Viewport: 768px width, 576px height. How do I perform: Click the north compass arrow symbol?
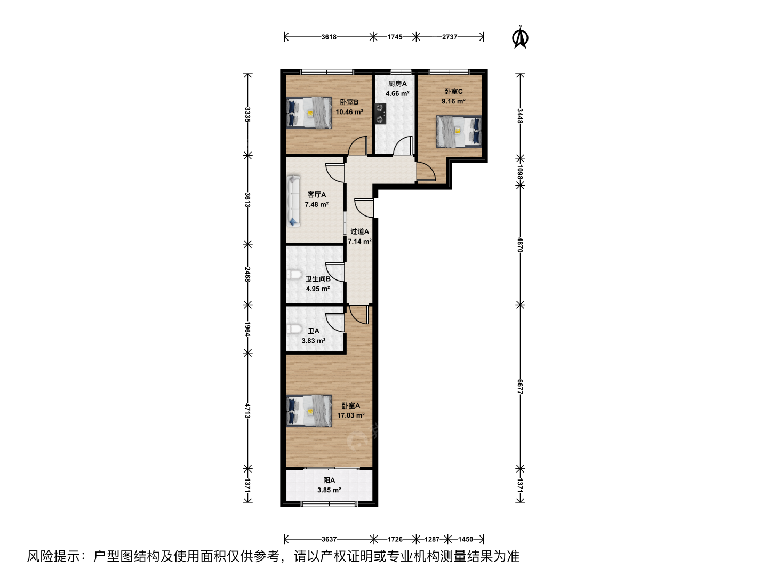pyautogui.click(x=521, y=37)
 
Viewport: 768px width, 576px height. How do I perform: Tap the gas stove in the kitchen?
pyautogui.click(x=380, y=114)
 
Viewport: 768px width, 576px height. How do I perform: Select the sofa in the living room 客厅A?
pyautogui.click(x=293, y=201)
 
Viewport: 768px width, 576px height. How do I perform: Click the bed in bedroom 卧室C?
pyautogui.click(x=458, y=132)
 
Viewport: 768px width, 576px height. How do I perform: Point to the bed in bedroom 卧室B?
pyautogui.click(x=309, y=113)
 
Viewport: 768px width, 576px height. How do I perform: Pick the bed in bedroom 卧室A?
pyautogui.click(x=309, y=411)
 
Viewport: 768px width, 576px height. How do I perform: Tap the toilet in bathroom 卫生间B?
pyautogui.click(x=294, y=275)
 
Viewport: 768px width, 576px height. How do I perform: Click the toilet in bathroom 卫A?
pyautogui.click(x=294, y=329)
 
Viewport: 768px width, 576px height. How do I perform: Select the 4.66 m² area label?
pyautogui.click(x=397, y=94)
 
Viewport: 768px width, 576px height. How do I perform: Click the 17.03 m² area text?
pyautogui.click(x=350, y=415)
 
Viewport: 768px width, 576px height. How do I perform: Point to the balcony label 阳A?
pyautogui.click(x=329, y=480)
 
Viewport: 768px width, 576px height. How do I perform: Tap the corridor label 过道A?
pyautogui.click(x=359, y=231)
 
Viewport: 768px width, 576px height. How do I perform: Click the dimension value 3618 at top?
pyautogui.click(x=329, y=37)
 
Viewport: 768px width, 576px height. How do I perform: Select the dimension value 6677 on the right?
pyautogui.click(x=521, y=387)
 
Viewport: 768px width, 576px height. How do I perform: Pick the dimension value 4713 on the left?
pyautogui.click(x=247, y=411)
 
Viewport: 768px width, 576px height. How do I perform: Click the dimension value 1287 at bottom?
pyautogui.click(x=432, y=539)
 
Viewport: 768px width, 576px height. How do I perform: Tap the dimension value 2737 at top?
pyautogui.click(x=450, y=37)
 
